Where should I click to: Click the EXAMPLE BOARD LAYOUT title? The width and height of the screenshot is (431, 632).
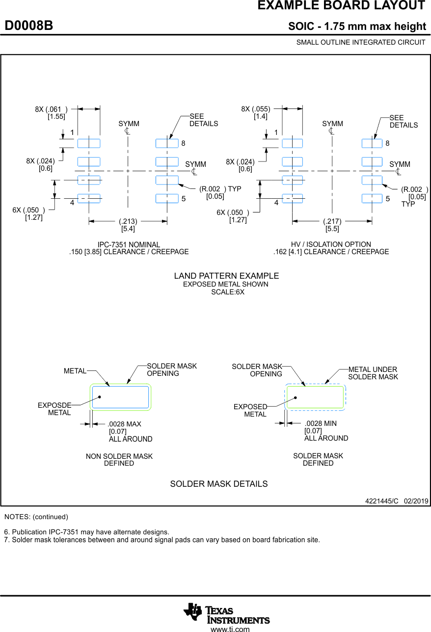[341, 6]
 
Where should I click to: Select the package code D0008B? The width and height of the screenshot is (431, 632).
[29, 26]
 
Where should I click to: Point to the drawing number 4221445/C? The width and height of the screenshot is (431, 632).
[381, 501]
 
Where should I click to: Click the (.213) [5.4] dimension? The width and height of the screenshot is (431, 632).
[128, 225]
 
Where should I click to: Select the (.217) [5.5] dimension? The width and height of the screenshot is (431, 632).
[332, 225]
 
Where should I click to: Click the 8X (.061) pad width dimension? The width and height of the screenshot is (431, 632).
[51, 113]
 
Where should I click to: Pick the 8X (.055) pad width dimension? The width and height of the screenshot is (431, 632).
[256, 113]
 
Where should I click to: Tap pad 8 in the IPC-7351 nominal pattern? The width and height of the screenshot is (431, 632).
[167, 143]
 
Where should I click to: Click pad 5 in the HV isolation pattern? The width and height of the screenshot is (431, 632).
[372, 199]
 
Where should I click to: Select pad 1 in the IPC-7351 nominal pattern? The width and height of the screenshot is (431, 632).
[89, 143]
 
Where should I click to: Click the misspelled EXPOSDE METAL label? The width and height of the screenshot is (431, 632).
[54, 409]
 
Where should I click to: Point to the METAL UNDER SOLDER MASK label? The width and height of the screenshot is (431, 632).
[373, 373]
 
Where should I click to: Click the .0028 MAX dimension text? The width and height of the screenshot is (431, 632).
[125, 424]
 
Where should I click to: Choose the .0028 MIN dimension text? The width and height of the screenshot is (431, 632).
[321, 423]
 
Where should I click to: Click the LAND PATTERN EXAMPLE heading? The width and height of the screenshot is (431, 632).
[226, 276]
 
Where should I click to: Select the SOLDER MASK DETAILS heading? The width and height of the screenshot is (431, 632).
[219, 484]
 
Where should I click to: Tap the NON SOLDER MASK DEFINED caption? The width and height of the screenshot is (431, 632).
[119, 460]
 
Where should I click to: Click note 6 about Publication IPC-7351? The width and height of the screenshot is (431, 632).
[86, 532]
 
